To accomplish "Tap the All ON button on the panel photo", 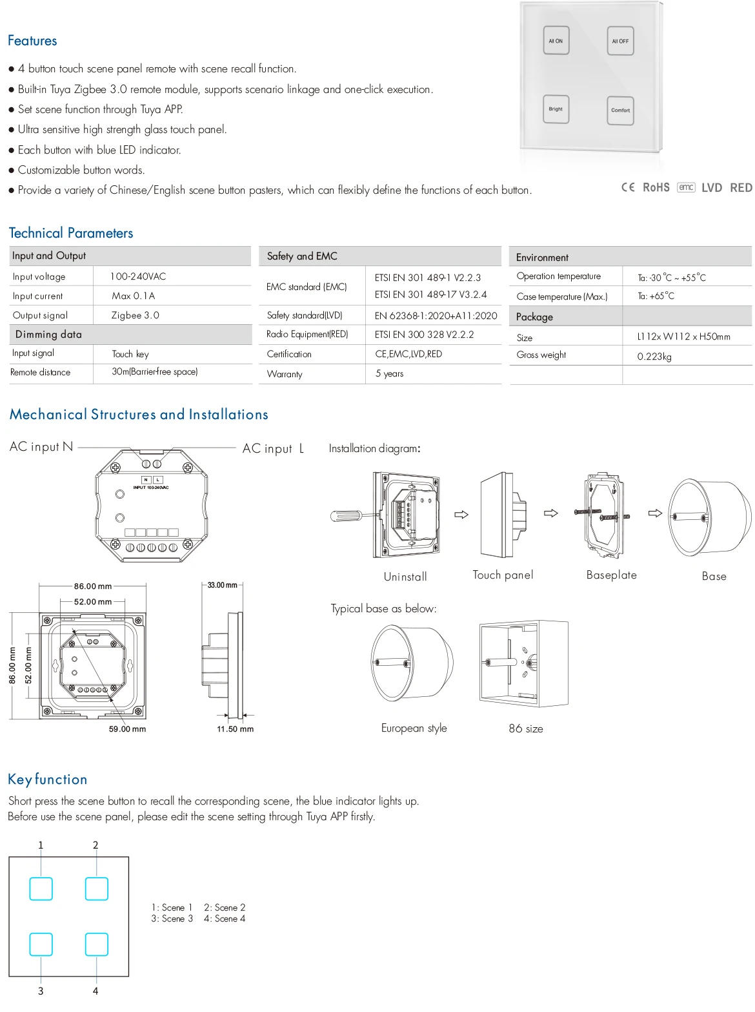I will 556,41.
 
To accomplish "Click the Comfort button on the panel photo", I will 620,110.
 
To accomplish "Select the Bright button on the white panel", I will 556,110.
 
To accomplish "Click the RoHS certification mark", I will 656,187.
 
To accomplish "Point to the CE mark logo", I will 628,187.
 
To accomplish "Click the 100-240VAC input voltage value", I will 138,276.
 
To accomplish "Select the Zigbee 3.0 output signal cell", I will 136,315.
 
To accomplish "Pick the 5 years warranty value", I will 389,373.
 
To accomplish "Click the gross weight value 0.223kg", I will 654,356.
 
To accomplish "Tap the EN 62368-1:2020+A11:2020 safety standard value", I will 436,316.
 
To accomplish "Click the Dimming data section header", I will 48,335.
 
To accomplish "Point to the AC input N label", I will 41,446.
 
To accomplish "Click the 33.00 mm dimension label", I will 222,585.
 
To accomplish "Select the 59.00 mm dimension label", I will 127,729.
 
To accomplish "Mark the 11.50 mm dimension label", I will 235,729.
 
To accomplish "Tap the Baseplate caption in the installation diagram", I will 611,575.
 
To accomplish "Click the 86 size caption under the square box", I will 525,728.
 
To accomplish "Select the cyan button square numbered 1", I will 41,889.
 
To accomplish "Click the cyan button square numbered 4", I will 96,945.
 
